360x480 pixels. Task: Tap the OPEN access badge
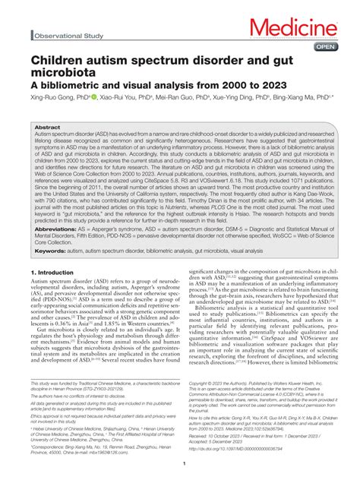click(x=325, y=46)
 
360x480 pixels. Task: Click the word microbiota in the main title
click(x=63, y=73)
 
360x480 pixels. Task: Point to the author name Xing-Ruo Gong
click(x=52, y=98)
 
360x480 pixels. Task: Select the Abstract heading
click(x=48, y=128)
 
